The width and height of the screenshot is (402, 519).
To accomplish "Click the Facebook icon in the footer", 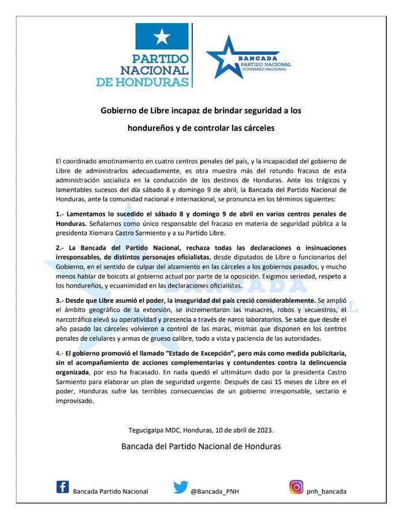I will (62, 487).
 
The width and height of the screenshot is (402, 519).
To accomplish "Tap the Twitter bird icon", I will (180, 487).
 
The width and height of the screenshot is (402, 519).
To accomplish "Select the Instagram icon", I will (296, 487).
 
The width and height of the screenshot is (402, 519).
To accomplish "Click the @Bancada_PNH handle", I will (215, 491).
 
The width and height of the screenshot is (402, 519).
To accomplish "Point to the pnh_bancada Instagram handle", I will (327, 491).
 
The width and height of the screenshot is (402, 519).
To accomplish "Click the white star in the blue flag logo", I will (162, 37).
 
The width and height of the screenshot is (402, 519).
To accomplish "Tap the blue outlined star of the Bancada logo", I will (226, 57).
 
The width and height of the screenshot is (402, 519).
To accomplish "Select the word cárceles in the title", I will (255, 127).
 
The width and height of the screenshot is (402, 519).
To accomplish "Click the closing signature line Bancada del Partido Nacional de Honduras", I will (201, 446).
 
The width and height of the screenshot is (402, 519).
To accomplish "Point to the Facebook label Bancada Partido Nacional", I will (110, 491).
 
